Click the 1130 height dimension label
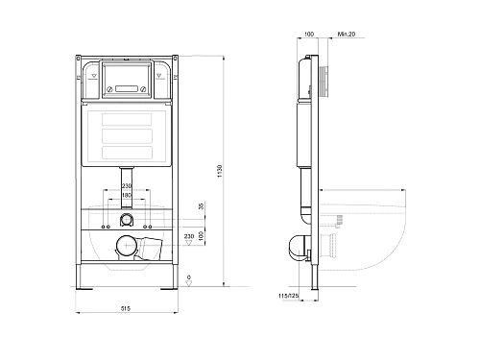pos(220,171)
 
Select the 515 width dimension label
pos(126,309)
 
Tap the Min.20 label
pos(347,34)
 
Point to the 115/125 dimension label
pos(288,297)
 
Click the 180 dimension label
pos(127,195)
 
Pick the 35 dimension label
pos(202,206)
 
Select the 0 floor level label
pos(189,277)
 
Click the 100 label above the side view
pos(309,34)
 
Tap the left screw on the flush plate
pos(109,89)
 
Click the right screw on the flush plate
pos(144,89)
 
